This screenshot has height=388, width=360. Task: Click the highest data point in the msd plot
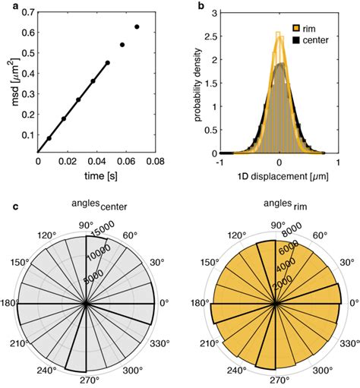coord(137,27)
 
